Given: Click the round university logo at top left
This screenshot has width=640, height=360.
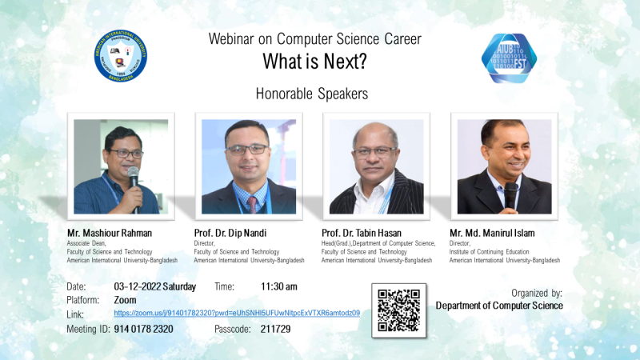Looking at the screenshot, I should [x=121, y=56].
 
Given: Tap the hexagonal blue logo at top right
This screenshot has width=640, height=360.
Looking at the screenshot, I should [x=509, y=58].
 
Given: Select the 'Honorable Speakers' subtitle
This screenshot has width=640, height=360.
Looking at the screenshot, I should [x=312, y=94].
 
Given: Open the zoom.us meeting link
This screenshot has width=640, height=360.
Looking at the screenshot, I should [x=237, y=313].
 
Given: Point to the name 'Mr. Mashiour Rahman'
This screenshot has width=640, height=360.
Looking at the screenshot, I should [x=110, y=233].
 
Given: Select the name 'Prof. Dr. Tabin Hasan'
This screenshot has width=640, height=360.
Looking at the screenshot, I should [x=362, y=233].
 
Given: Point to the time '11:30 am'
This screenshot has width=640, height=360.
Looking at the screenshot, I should [x=278, y=286].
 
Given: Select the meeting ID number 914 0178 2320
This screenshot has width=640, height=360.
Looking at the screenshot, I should [x=144, y=329].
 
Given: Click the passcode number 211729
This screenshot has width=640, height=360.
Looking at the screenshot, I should [x=275, y=329].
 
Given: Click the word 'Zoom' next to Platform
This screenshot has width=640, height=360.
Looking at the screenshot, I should [x=126, y=299].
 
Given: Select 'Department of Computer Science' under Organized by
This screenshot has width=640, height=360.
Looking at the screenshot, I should [x=499, y=306].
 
